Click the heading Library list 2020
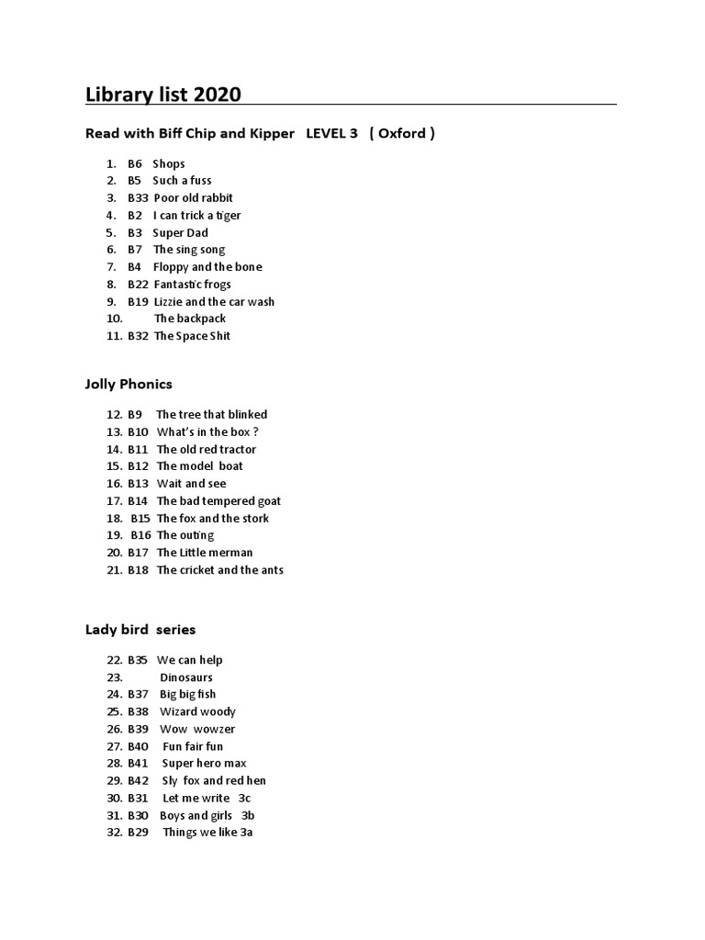(x=163, y=95)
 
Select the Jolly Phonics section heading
(x=129, y=384)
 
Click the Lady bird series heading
(x=140, y=630)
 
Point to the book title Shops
(x=169, y=163)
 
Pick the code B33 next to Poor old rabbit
(x=138, y=198)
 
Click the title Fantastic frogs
(x=192, y=285)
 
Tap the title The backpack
(x=190, y=319)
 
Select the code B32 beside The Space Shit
(x=138, y=336)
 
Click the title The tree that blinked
(x=212, y=415)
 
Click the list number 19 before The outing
(x=114, y=535)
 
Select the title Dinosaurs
(x=186, y=677)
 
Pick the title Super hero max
(x=204, y=764)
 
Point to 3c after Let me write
(x=244, y=799)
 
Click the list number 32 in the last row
(x=114, y=833)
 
